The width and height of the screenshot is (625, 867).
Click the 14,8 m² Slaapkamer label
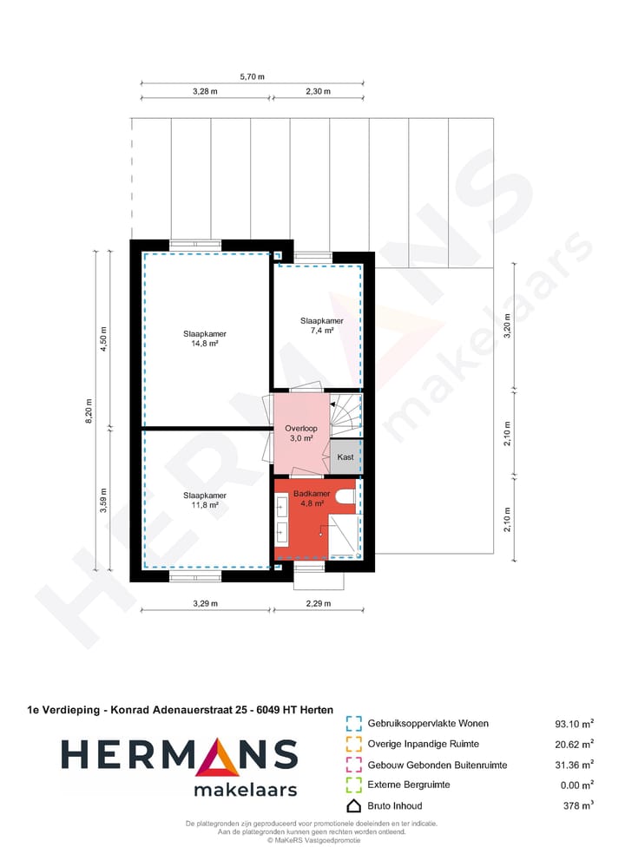[x=200, y=338]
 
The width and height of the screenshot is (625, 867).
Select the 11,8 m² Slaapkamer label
[x=200, y=500]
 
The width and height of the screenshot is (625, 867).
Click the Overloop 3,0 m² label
[x=301, y=433]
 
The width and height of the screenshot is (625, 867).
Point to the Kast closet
[x=345, y=456]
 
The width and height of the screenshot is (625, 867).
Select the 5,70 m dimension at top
[x=252, y=76]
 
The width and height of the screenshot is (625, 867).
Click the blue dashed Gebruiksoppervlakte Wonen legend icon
[x=352, y=723]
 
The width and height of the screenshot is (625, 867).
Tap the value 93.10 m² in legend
[x=574, y=723]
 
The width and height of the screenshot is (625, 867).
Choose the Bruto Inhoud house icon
[x=352, y=805]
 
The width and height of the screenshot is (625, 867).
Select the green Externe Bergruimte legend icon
[x=352, y=785]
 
